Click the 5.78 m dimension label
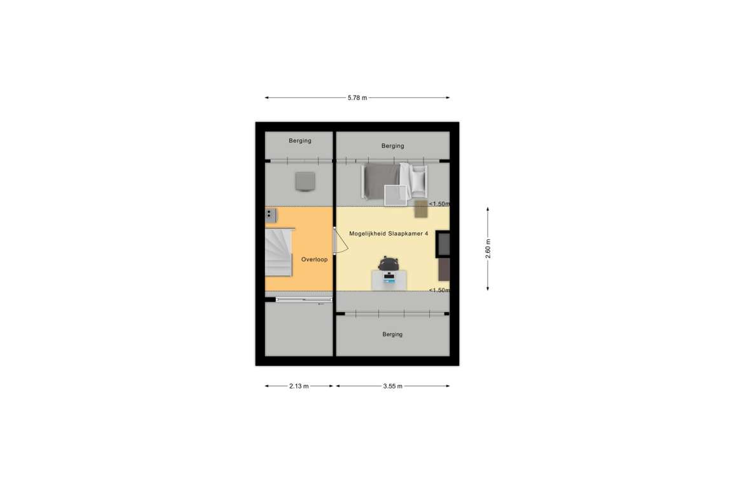click(x=357, y=98)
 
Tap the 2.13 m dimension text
click(x=299, y=386)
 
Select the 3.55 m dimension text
click(x=393, y=386)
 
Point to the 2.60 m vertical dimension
click(x=488, y=249)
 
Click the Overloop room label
click(x=314, y=259)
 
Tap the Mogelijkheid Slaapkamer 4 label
click(x=389, y=234)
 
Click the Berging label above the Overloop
click(x=300, y=141)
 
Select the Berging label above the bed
click(x=393, y=146)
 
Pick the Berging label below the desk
click(x=392, y=334)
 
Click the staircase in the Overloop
click(x=279, y=252)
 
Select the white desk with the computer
click(x=389, y=280)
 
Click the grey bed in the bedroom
click(x=381, y=181)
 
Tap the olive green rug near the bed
click(x=421, y=209)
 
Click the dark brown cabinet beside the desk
click(x=444, y=269)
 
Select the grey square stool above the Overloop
click(x=305, y=182)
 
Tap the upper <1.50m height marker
click(x=439, y=204)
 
